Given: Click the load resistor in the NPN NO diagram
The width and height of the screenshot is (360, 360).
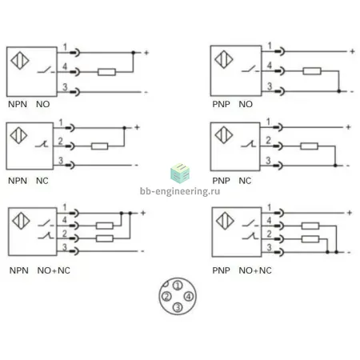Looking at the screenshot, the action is coord(106,72).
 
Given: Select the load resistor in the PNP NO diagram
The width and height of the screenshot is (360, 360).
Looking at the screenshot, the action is coord(312,71).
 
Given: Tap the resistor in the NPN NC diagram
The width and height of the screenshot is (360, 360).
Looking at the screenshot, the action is coord(99,146).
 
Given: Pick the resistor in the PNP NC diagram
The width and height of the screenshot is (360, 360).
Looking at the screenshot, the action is coord(309,146).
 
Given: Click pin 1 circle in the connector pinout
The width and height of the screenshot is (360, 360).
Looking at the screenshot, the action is coord(178,286).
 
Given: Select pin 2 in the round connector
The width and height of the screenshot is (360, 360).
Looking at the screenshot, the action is coord(166,296).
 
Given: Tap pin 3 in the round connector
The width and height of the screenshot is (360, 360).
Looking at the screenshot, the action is coord(178,307).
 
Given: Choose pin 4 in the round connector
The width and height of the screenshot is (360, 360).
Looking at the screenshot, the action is coord(189,296).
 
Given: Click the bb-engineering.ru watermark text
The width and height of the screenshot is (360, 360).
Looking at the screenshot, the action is coord(180,191).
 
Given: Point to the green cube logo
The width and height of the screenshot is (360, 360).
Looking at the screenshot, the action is coord(180,174).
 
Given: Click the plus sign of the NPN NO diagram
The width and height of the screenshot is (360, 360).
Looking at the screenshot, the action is coord(146,53).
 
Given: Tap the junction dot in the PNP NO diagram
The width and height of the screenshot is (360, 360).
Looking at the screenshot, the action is coord(339,91).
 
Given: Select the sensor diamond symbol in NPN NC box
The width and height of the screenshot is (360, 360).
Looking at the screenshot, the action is coord(18,135).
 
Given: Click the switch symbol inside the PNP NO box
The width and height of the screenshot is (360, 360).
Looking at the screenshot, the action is coord(250,70).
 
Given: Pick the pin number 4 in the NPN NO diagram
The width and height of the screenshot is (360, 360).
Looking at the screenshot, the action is coord(65,66).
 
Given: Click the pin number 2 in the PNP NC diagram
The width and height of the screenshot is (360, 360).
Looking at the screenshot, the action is coord(268,140).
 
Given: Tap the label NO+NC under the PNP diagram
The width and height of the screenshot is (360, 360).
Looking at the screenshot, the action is coord(255,270).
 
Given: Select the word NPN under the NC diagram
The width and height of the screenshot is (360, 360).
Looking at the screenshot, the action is coord(18,181).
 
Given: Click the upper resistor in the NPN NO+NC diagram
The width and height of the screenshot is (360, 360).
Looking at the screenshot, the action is coord(105,226).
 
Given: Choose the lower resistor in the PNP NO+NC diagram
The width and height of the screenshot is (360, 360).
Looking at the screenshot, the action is coord(310,239).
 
